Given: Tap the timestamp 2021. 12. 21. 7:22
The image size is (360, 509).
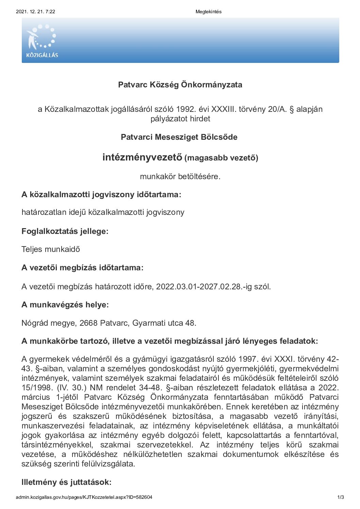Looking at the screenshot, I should tap(35, 12).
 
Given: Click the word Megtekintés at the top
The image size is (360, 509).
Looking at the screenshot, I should tap(208, 12).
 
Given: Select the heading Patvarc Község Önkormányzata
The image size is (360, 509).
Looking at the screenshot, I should tap(180, 85).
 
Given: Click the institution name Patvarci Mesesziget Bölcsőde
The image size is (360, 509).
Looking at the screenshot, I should tap(179, 137).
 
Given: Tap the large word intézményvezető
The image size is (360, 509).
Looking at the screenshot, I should tap(142, 157).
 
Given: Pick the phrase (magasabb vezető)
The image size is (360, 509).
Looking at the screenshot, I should tap(221, 158).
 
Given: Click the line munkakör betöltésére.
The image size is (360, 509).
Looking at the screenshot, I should tap(180, 176).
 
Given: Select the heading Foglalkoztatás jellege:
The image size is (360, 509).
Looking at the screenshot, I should tap(65, 231).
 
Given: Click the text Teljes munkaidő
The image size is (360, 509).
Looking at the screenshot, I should tap(51, 249).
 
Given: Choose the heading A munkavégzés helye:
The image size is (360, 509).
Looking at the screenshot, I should tap(65, 305).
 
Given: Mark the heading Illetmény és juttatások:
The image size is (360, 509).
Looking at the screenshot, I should tap(66, 482).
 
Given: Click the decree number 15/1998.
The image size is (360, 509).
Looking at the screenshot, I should tap(36, 388).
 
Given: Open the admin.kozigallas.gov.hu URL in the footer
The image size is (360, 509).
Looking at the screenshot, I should tap(84, 497).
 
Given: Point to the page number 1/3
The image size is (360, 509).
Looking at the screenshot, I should tap(340, 497).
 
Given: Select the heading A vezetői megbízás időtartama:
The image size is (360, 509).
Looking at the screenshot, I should tap(82, 268).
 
